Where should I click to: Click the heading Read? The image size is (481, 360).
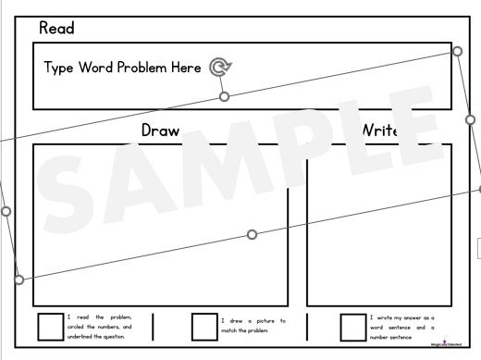[x=56, y=29]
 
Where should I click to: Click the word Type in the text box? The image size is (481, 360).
[x=60, y=68]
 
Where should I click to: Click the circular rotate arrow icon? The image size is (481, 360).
[x=220, y=67]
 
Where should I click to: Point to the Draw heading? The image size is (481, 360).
[x=160, y=130]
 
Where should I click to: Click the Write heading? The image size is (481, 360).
[x=380, y=130]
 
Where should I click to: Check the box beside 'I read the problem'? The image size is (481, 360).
[x=49, y=327]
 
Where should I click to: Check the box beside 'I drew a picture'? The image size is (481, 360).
[x=203, y=327]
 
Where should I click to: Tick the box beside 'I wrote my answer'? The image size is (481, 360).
[x=352, y=327]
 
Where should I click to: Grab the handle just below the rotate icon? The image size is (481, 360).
[x=224, y=96]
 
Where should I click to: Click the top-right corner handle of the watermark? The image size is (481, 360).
[x=457, y=52]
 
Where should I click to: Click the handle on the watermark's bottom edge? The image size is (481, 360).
[x=252, y=234]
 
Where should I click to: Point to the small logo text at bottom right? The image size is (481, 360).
[x=448, y=344]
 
